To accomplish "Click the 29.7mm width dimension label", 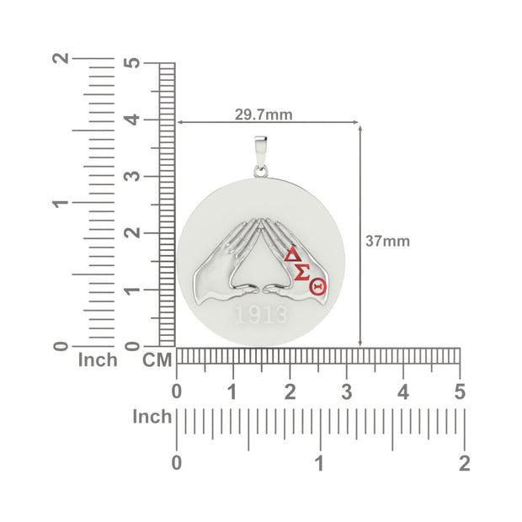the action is pyautogui.click(x=264, y=115).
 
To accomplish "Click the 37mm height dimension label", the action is pyautogui.click(x=387, y=241).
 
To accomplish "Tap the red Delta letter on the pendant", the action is pyautogui.click(x=293, y=254).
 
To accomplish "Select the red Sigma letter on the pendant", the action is pyautogui.click(x=302, y=273).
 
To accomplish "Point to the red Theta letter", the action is pyautogui.click(x=317, y=286).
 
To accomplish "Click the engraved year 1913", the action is pyautogui.click(x=261, y=315).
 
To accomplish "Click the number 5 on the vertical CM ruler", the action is pyautogui.click(x=132, y=63).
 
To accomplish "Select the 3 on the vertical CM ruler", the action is pyautogui.click(x=132, y=176).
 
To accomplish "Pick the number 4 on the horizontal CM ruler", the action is pyautogui.click(x=403, y=392).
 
